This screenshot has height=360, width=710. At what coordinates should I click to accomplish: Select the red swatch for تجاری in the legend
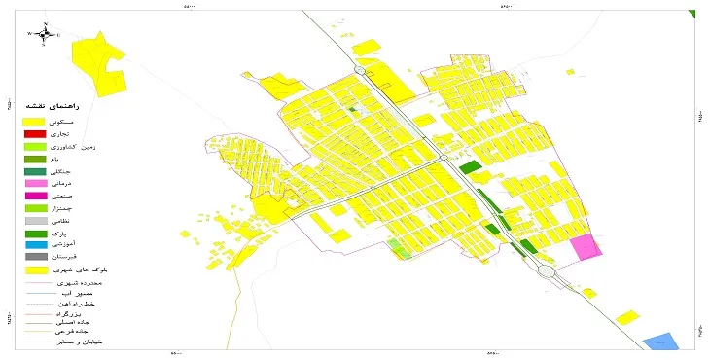click(x=35, y=132)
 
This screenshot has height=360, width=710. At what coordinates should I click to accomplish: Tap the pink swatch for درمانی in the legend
click(x=35, y=183)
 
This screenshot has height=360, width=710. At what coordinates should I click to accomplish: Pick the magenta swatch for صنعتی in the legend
click(x=35, y=196)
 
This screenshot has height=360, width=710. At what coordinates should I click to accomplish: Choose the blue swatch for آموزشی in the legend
click(x=35, y=245)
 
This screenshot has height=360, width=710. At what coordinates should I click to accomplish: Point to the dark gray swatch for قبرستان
click(x=35, y=257)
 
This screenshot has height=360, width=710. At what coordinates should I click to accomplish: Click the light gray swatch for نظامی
click(x=35, y=221)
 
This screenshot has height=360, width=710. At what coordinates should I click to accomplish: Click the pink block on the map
click(x=586, y=247)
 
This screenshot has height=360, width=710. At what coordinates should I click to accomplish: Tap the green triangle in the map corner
click(x=692, y=14)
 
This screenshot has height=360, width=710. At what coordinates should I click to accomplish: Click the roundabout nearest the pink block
click(x=548, y=272)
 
